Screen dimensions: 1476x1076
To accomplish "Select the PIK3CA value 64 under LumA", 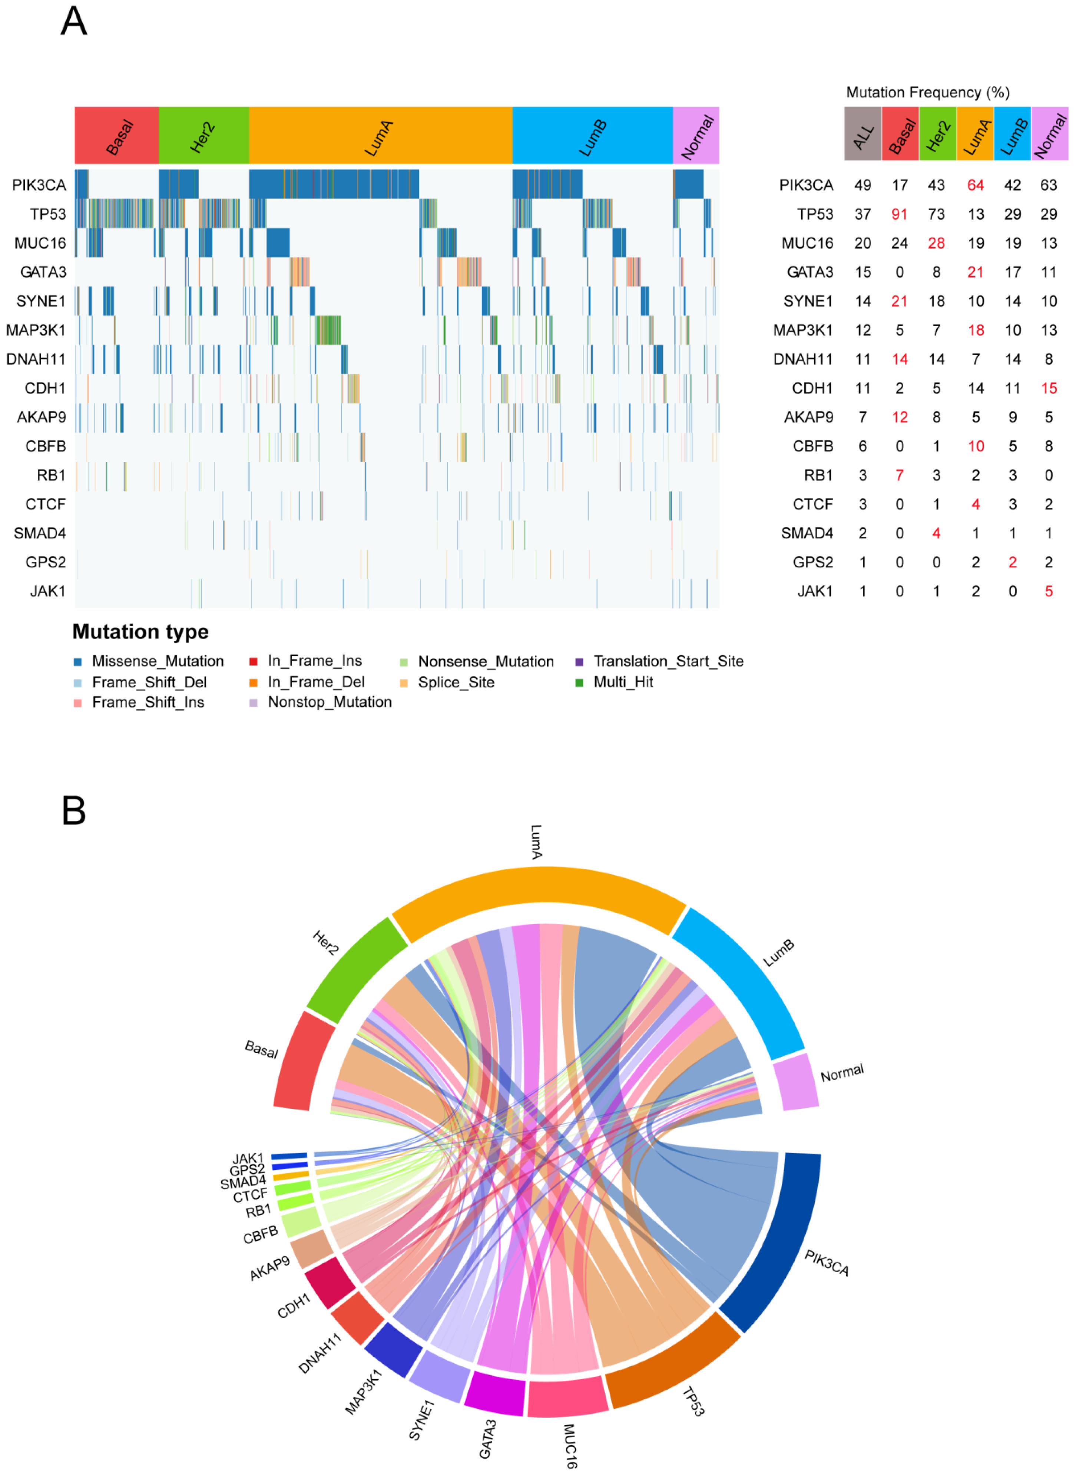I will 975,186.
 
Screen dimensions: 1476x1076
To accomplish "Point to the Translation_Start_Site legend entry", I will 668,661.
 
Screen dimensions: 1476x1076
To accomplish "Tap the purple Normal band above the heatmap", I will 696,135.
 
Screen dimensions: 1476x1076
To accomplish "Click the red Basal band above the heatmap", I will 117,135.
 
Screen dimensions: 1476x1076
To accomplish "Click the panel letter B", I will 74,810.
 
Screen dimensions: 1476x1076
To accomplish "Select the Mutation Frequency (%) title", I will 927,92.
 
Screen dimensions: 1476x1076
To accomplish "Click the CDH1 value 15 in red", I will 1049,389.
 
